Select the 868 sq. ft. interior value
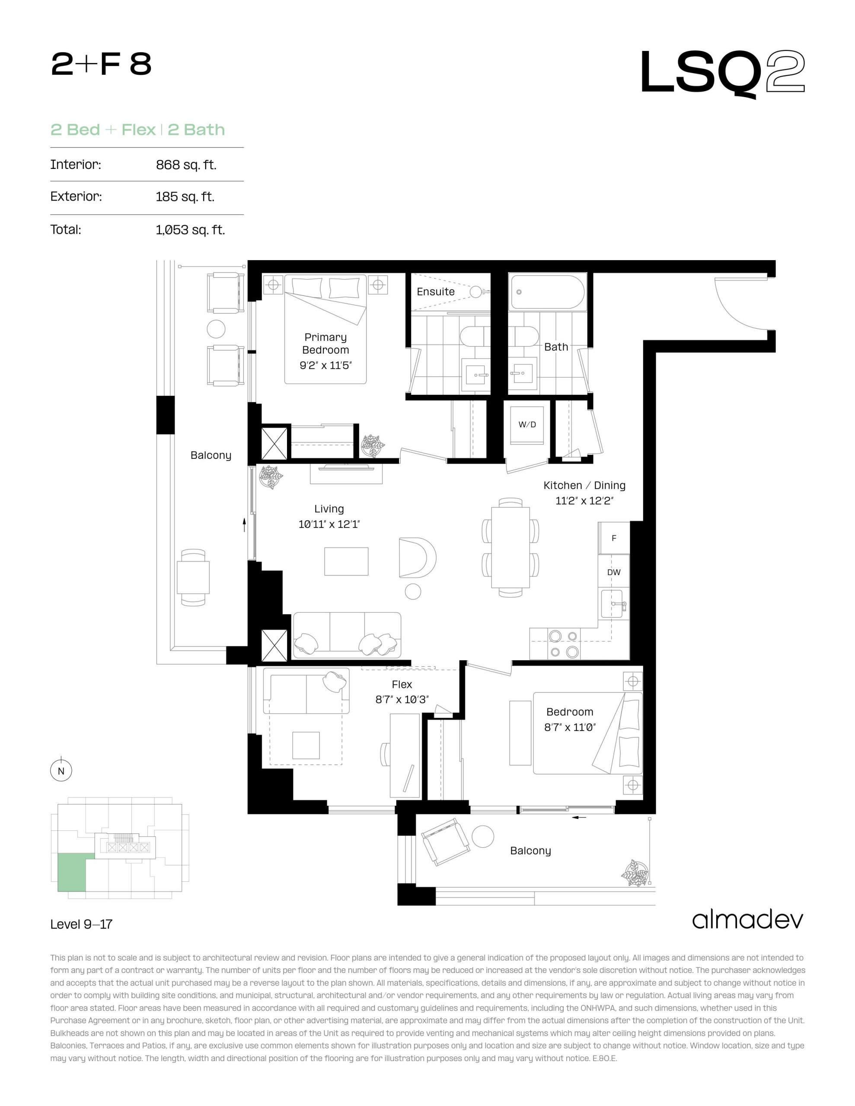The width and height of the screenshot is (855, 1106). (186, 165)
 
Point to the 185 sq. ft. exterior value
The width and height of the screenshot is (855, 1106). (185, 197)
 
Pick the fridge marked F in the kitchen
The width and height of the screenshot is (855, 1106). (614, 538)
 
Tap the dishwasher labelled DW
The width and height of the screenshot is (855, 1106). (614, 572)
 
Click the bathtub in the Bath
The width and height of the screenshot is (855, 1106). (548, 292)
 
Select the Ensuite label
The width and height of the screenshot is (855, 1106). (435, 292)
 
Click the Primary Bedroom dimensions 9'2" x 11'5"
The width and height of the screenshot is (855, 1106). (325, 365)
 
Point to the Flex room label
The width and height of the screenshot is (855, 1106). (402, 685)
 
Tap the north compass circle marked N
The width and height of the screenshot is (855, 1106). (61, 771)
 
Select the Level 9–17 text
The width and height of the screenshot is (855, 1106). (81, 924)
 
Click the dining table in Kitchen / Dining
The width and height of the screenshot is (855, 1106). (510, 547)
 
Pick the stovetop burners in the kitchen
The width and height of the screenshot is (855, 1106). (564, 644)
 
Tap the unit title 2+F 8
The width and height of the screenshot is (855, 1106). (101, 64)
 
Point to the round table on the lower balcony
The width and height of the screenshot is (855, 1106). (482, 836)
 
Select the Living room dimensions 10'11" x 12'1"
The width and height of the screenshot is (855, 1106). (329, 524)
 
